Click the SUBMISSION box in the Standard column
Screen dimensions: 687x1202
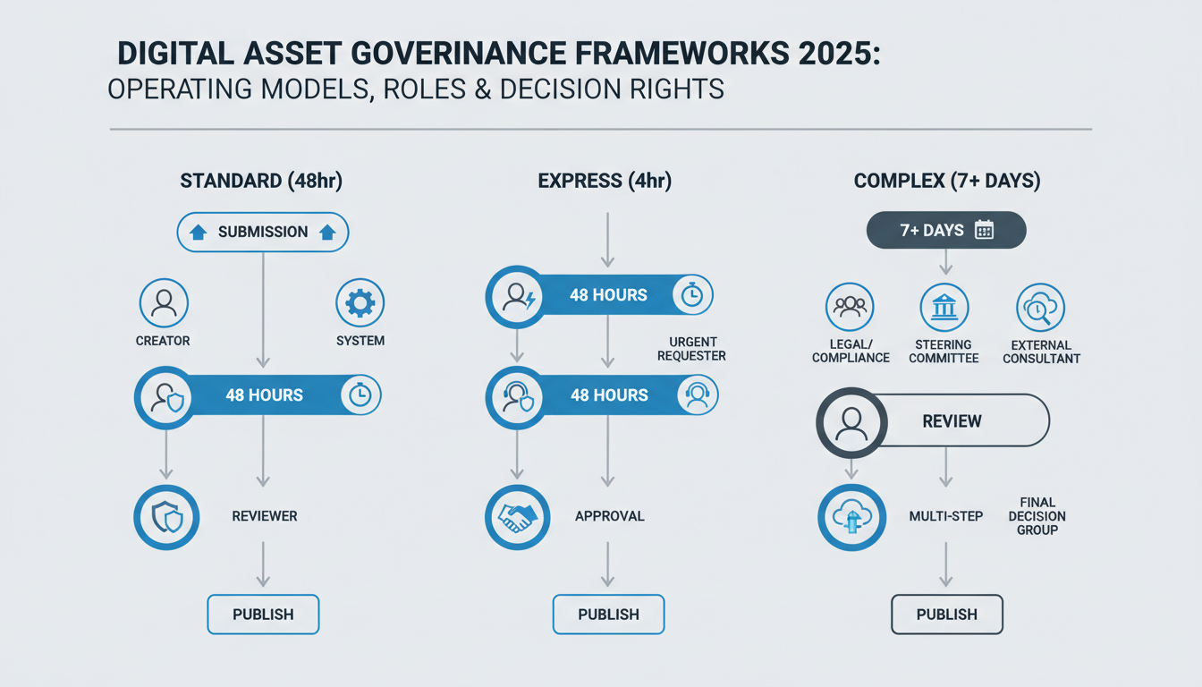coord(263,232)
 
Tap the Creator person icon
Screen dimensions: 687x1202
coord(163,303)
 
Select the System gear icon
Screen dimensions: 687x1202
coord(360,303)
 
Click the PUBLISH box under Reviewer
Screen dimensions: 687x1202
coord(263,615)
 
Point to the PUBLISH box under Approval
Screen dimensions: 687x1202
coord(608,615)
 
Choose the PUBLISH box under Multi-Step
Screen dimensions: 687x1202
coord(947,615)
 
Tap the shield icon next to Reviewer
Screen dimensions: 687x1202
coord(167,517)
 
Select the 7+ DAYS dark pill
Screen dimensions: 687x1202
coord(946,230)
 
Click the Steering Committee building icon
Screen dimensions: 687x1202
coord(944,307)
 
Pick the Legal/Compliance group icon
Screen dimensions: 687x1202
coord(850,307)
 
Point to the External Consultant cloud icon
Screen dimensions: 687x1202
coord(1040,307)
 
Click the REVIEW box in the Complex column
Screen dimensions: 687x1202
coord(952,420)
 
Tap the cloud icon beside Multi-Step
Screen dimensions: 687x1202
coord(851,517)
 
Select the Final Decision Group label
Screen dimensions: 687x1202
coord(1037,516)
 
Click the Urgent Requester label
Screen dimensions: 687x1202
coord(691,349)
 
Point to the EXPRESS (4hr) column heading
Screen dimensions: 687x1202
coord(605,182)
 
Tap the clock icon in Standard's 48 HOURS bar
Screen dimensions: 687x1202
coord(360,394)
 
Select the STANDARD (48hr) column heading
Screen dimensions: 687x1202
coord(261,182)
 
